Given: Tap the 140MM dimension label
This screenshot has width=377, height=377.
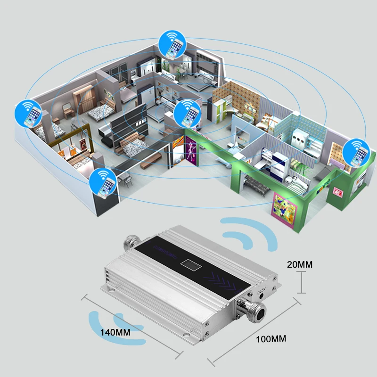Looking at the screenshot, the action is pos(115,332).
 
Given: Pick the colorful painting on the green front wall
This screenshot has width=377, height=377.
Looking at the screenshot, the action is pos(285,207).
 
